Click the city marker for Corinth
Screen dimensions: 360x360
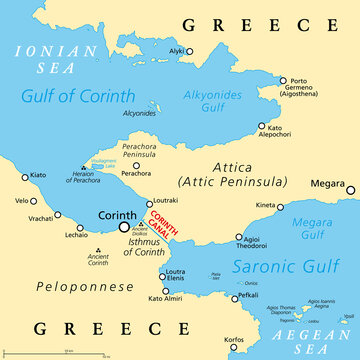click(x=124, y=227)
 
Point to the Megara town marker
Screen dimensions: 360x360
click(x=350, y=189)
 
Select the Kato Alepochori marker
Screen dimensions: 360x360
click(x=262, y=127)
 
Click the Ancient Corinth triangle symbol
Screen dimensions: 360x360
click(x=97, y=251)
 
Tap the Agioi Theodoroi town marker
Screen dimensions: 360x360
click(x=238, y=238)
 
